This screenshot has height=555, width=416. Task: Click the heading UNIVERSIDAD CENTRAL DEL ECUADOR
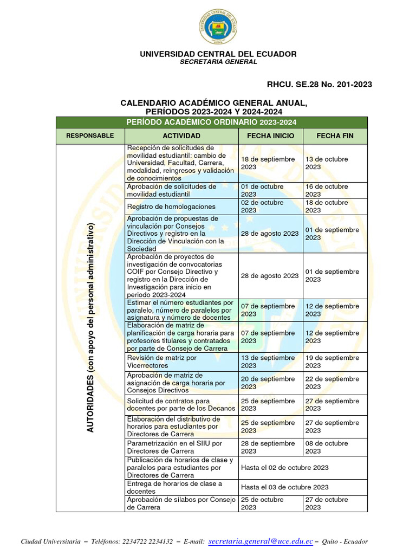pyautogui.click(x=218, y=54)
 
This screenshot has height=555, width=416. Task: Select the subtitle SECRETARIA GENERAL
pyautogui.click(x=218, y=62)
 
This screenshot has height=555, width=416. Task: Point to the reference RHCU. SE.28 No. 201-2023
pyautogui.click(x=320, y=84)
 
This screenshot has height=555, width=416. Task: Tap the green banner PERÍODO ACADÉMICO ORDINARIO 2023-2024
pyautogui.click(x=211, y=122)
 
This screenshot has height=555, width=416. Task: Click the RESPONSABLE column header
pyautogui.click(x=90, y=135)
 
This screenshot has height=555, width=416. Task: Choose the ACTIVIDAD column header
pyautogui.click(x=181, y=135)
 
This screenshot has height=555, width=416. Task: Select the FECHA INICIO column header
pyautogui.click(x=271, y=135)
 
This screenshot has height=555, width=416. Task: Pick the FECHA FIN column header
pyautogui.click(x=335, y=135)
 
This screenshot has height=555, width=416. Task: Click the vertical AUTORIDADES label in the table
pyautogui.click(x=90, y=327)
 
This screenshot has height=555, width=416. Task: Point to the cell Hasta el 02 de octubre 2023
pyautogui.click(x=285, y=467)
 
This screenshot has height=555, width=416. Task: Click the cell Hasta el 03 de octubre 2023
pyautogui.click(x=285, y=487)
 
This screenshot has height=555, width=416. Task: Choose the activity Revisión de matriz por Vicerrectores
pyautogui.click(x=161, y=362)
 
